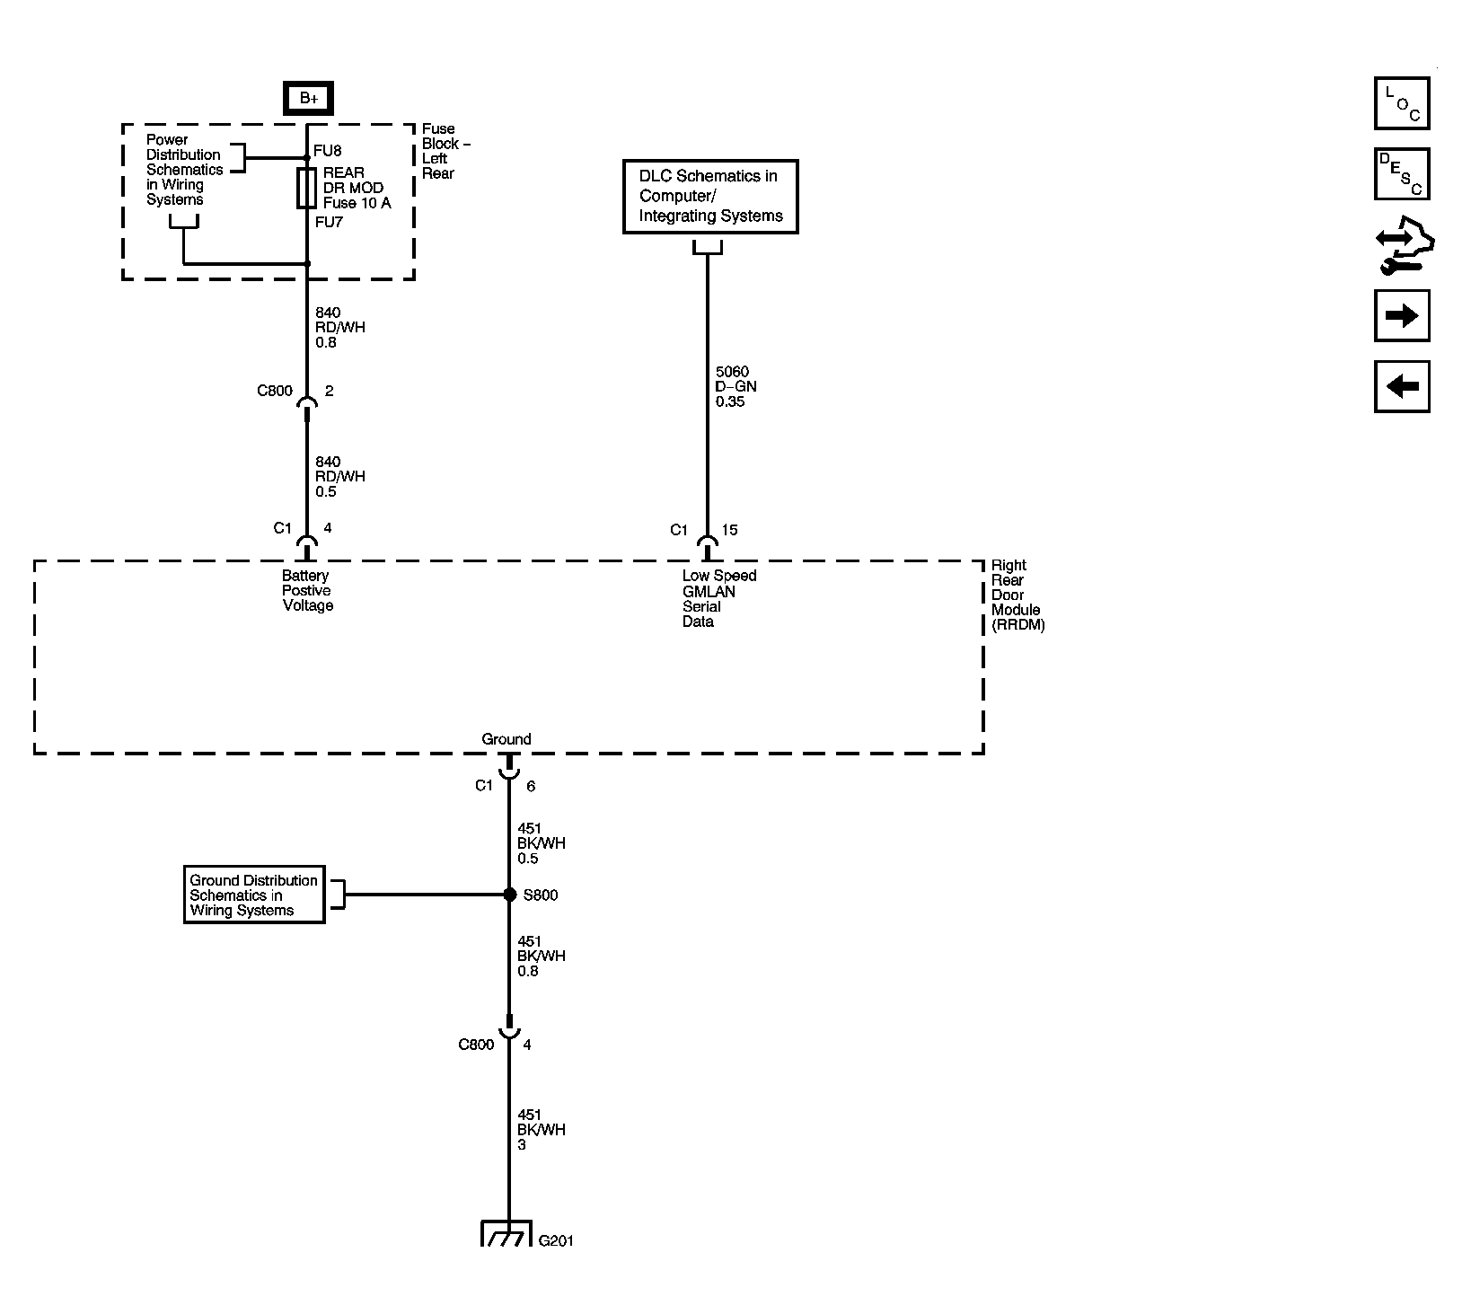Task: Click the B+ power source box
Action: pos(308,98)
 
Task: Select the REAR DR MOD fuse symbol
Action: pos(306,188)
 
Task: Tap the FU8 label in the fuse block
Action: pos(328,151)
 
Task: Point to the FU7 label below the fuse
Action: pos(329,222)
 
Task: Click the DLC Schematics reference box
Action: pos(710,197)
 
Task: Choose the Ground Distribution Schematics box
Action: pos(253,895)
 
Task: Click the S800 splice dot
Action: pos(509,895)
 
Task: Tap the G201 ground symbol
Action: pos(508,1233)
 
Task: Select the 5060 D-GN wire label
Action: pos(735,386)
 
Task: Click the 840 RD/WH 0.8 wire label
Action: pos(339,328)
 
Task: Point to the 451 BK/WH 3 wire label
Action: pos(541,1130)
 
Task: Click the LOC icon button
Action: pos(1401,103)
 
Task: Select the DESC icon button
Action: pos(1401,174)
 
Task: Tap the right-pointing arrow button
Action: pos(1401,315)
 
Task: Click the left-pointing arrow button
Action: pos(1401,387)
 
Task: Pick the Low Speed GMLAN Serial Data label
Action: pos(718,598)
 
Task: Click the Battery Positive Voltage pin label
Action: pos(307,591)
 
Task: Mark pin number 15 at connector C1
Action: pos(729,530)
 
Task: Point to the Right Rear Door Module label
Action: pos(1017,595)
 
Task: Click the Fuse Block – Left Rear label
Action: pos(445,151)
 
